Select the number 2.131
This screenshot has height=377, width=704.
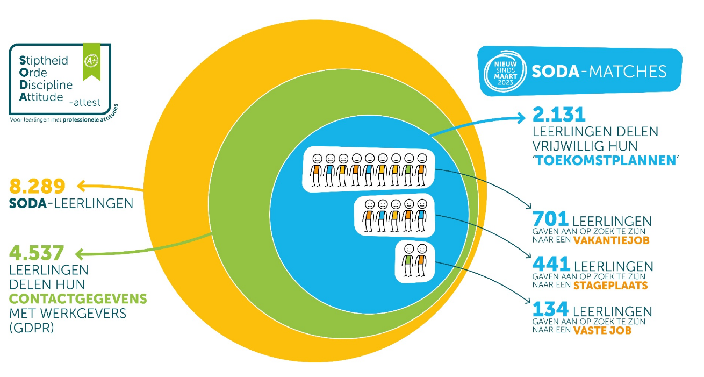point(558,115)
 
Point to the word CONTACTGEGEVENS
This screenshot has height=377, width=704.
point(78,298)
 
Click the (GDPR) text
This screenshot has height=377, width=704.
point(32,328)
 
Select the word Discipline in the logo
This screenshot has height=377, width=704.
point(46,85)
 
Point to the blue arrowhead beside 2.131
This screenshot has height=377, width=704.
point(521,115)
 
